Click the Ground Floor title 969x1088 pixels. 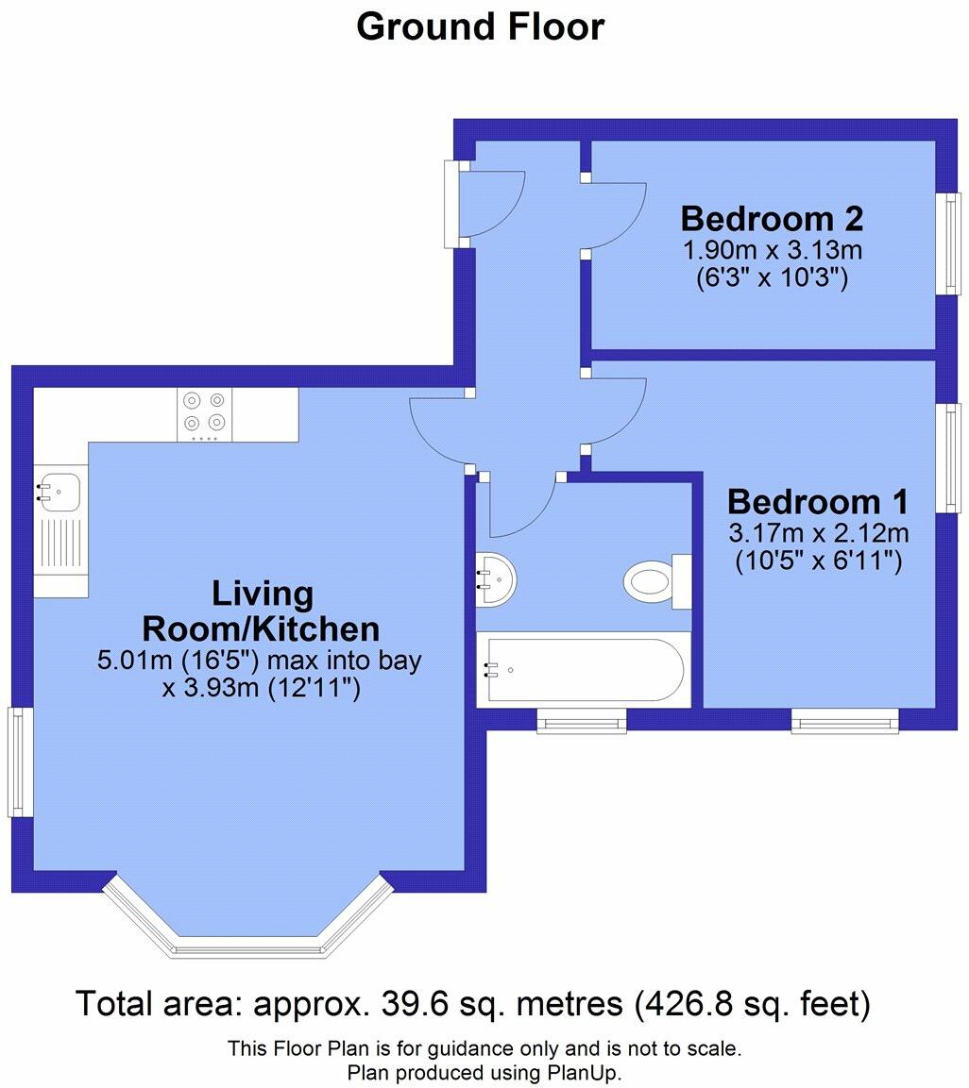(480, 26)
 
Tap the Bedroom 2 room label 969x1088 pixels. (772, 219)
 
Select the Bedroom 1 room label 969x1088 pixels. (818, 501)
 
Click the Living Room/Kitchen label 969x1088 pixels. (261, 611)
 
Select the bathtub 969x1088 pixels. (583, 671)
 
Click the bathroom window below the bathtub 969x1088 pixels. (582, 722)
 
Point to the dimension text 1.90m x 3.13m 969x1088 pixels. (772, 251)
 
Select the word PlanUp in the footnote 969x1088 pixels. (582, 1073)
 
